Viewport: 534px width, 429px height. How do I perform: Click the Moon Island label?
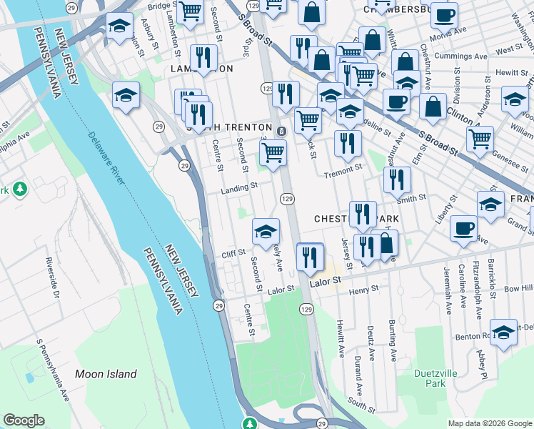[106, 374]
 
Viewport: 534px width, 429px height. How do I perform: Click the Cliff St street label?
[233, 252]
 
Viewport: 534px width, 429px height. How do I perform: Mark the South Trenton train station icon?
[282, 130]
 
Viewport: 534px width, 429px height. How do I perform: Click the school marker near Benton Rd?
[504, 332]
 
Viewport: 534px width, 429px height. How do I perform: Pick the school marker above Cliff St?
[266, 231]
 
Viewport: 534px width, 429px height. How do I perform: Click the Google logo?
[24, 420]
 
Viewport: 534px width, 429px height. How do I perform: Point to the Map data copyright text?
[490, 423]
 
